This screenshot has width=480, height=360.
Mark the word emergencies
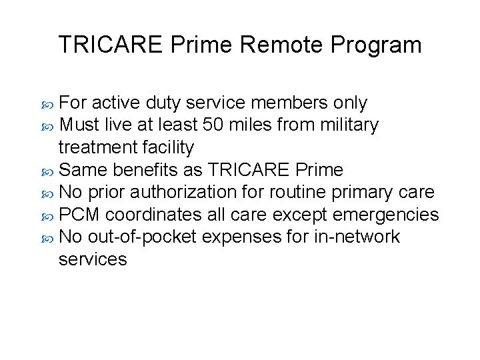click(385, 215)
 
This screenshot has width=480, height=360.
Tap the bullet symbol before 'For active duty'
click(48, 104)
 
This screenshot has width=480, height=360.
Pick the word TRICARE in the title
click(111, 45)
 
